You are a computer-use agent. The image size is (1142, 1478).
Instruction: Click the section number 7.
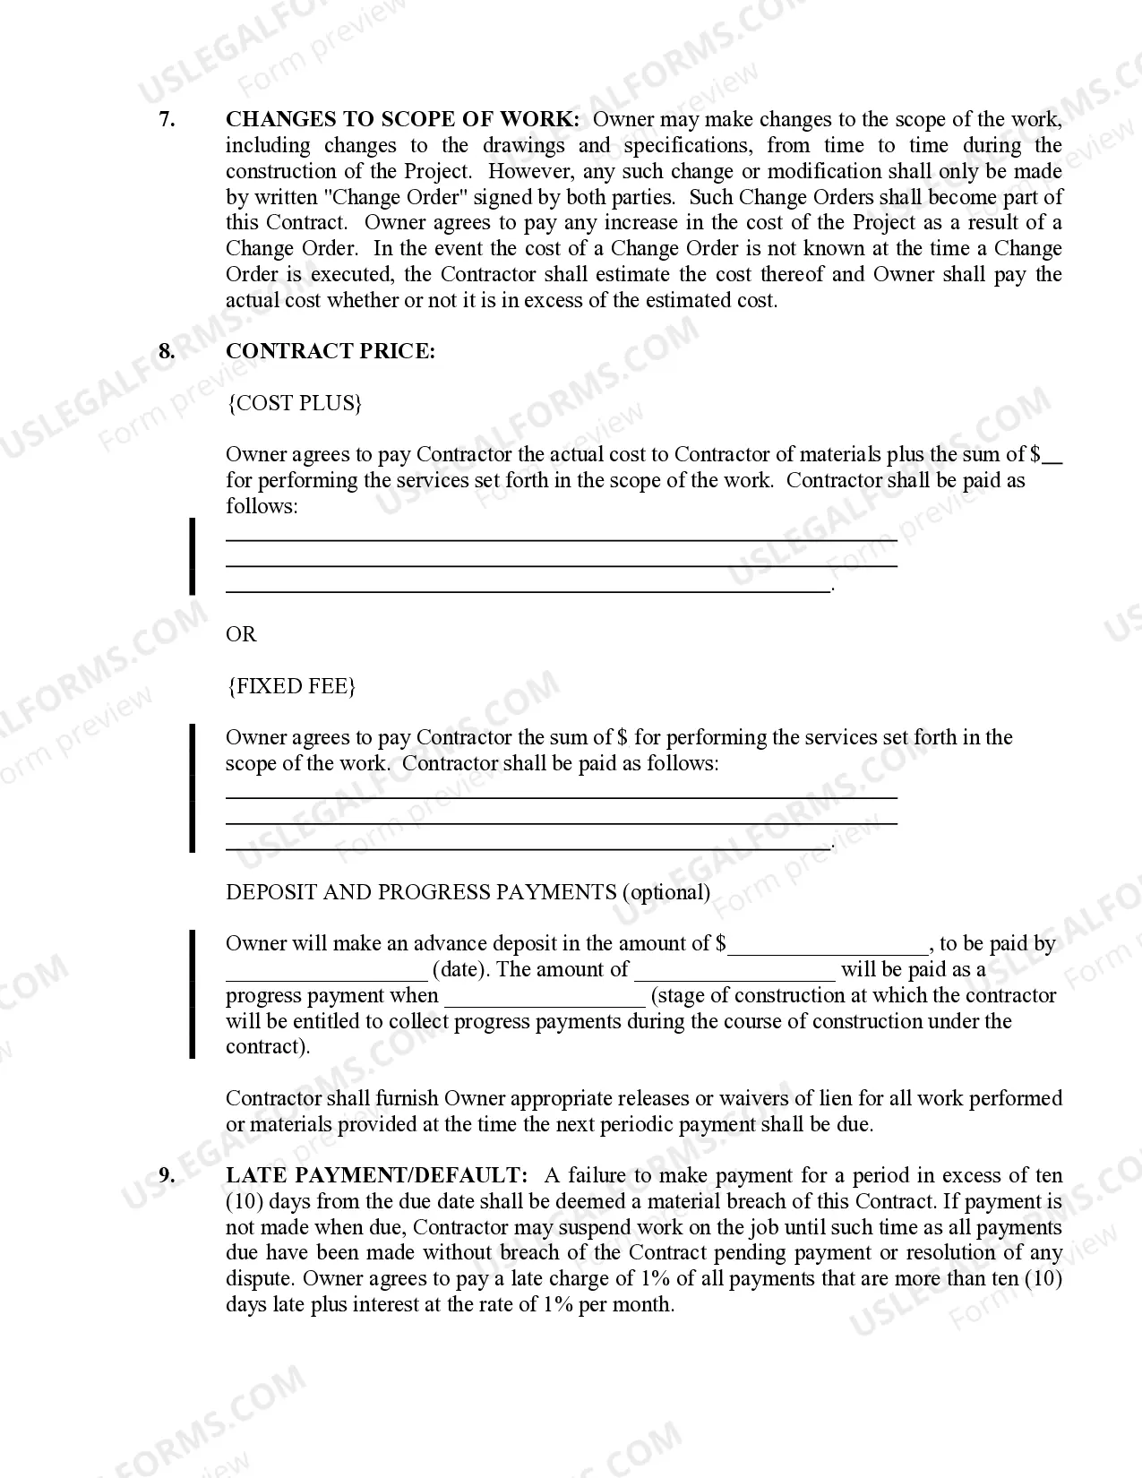167,120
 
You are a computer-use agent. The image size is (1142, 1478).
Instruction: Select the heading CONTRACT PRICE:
330,351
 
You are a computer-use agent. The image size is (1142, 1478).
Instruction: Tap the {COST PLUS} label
294,403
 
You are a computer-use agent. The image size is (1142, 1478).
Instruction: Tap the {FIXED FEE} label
291,686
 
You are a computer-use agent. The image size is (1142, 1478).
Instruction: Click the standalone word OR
241,634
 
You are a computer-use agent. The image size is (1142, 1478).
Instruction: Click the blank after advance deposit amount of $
829,946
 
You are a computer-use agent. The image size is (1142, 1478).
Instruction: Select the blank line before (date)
326,972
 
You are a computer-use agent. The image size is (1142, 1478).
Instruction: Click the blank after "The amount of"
734,972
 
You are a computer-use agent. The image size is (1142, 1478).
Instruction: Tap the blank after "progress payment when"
545,998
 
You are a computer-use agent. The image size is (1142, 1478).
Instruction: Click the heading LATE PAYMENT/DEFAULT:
376,1175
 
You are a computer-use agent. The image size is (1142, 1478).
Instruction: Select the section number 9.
167,1175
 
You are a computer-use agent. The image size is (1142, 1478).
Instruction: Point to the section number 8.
167,351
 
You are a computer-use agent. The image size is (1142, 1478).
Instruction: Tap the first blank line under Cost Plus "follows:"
561,539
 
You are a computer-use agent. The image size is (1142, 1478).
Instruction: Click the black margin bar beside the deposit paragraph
192,994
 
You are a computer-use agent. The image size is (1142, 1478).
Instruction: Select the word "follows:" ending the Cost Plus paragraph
262,506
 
